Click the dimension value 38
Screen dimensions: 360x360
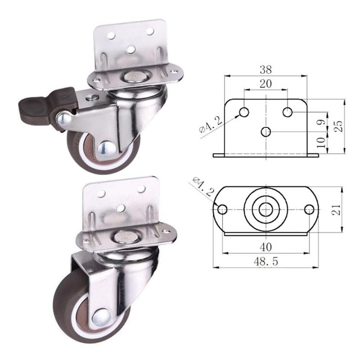coord(265,69)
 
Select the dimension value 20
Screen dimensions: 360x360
coord(265,84)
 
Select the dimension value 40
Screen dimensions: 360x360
coord(265,247)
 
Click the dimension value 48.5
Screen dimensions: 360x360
coord(265,261)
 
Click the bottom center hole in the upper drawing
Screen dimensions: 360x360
coord(266,132)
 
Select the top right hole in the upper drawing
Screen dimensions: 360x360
coord(288,112)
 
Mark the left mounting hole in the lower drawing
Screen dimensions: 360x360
coord(222,209)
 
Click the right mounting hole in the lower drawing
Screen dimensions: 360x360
coord(309,209)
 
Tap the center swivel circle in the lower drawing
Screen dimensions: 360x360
coord(266,209)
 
